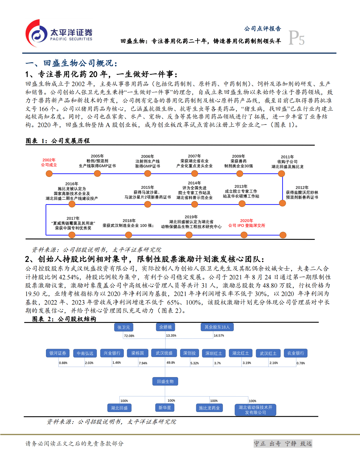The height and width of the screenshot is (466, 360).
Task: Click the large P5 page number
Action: [x=296, y=38]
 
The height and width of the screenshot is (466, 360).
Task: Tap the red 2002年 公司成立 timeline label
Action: [x=49, y=162]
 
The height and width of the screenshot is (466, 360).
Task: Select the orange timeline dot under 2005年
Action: [x=97, y=174]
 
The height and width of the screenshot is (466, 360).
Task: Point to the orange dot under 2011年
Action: [x=281, y=174]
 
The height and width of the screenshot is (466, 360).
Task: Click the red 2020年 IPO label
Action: [x=246, y=223]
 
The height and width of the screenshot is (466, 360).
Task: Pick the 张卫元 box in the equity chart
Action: [x=124, y=327]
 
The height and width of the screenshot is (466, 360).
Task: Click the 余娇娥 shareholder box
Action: [x=165, y=327]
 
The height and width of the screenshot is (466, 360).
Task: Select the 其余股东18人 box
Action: [x=217, y=327]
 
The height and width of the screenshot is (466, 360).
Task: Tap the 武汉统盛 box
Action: [x=164, y=353]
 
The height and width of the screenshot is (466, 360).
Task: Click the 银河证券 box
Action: [x=58, y=353]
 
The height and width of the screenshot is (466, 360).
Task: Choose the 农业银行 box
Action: [x=295, y=353]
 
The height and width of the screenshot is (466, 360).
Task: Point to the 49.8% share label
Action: [x=171, y=362]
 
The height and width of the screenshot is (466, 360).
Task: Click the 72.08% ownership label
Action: [x=129, y=336]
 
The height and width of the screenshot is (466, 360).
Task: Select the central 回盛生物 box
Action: [x=165, y=381]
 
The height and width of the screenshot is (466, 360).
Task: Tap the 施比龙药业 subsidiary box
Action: [x=209, y=408]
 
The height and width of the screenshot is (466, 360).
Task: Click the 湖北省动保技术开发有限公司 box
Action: [x=255, y=410]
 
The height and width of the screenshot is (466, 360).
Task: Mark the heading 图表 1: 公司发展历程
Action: [x=58, y=141]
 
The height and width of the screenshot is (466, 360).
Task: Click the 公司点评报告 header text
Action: [x=263, y=29]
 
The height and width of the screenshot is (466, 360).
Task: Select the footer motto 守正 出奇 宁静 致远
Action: [x=283, y=444]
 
